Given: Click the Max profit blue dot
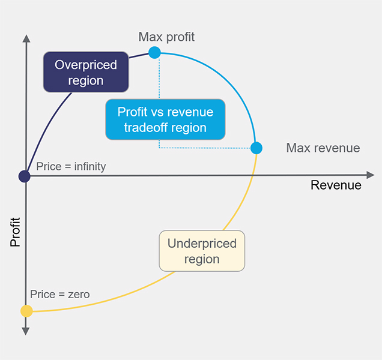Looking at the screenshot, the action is (154, 53).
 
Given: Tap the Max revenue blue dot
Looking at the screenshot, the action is (256, 148).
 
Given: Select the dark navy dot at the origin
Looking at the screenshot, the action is (25, 176).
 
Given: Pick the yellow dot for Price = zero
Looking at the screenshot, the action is (26, 311).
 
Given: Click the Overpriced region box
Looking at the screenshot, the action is (86, 72).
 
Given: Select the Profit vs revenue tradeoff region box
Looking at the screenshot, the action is (165, 119).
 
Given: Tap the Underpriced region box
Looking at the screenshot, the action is (202, 251).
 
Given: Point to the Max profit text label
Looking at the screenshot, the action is (166, 37).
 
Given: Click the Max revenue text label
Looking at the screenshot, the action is (323, 148).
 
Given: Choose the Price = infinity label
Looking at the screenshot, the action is (71, 166).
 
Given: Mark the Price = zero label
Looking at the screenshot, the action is (59, 294).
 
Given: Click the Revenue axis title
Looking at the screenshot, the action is (336, 185).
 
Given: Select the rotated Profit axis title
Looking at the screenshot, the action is (15, 232).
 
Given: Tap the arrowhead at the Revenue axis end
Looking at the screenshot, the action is (371, 175).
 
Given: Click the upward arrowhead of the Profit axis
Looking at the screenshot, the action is (26, 38).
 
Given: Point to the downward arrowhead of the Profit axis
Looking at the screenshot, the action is (26, 331).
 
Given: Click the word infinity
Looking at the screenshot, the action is (90, 167).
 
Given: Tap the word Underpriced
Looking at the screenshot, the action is (202, 244).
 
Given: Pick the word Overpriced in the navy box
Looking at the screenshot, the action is (86, 65).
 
